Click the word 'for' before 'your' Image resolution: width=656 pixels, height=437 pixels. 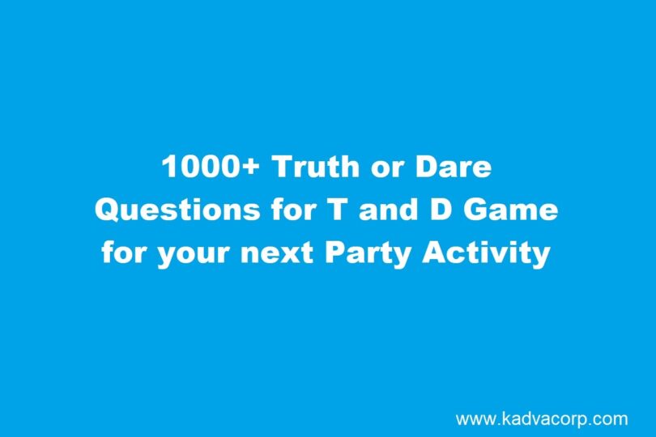pos(121,252)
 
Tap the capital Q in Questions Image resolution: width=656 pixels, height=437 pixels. pos(108,210)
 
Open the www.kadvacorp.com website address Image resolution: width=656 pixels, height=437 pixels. pos(541,418)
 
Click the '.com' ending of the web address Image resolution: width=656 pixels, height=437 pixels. pos(609,418)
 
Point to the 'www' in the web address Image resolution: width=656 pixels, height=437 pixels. pos(474,420)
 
